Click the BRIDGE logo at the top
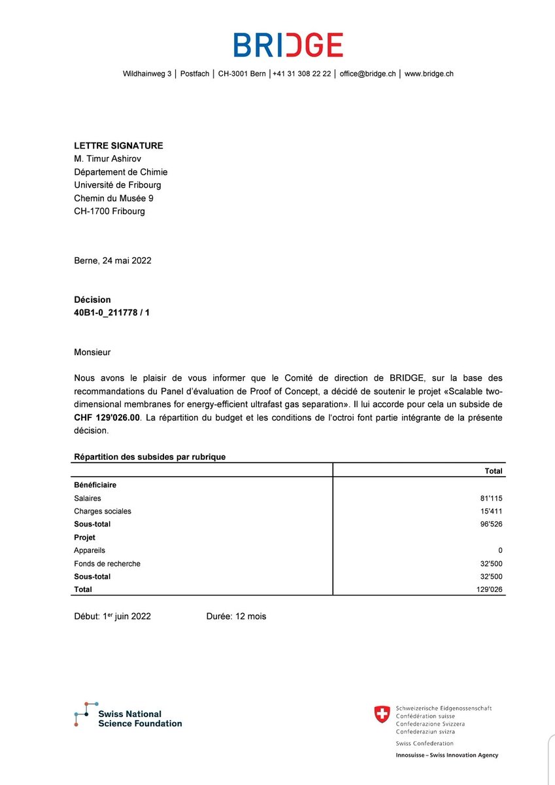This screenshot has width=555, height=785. (x=288, y=44)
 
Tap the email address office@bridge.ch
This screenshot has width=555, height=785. (x=367, y=74)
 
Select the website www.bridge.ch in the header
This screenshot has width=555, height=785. (x=429, y=74)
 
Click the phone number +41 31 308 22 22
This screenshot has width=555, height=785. (x=302, y=74)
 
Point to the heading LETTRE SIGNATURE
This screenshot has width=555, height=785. (x=118, y=146)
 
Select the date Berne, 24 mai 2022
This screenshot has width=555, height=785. (x=112, y=260)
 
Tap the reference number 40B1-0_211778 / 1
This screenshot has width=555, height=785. (x=112, y=313)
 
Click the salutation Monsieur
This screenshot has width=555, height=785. (x=92, y=353)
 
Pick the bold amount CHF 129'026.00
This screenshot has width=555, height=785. (x=107, y=418)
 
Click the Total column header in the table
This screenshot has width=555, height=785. (x=494, y=471)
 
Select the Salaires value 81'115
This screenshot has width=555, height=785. (x=491, y=498)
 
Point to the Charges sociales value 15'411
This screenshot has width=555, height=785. (x=491, y=511)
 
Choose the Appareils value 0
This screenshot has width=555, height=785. (x=500, y=550)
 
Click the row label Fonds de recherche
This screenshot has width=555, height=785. (x=107, y=563)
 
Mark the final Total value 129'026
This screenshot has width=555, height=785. (x=489, y=589)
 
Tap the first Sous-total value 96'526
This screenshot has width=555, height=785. (x=491, y=524)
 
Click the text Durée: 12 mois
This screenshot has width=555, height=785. (x=236, y=616)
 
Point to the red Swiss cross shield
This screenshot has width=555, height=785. (x=382, y=714)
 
